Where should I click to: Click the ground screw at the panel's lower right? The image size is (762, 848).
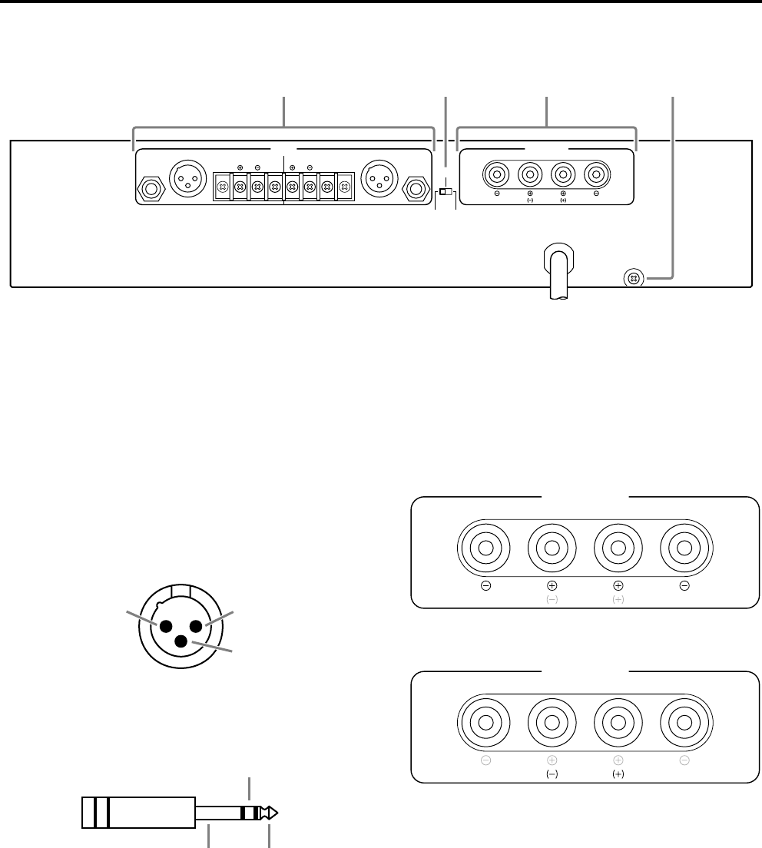click(x=633, y=278)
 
